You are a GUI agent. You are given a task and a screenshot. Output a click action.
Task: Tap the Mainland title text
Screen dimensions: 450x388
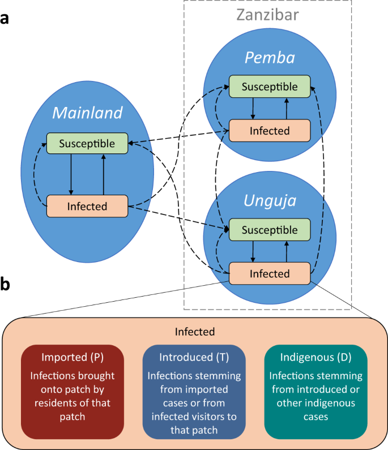point(87,113)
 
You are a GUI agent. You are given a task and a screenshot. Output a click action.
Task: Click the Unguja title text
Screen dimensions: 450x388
point(270,200)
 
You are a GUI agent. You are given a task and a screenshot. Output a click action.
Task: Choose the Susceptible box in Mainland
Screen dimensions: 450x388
point(87,144)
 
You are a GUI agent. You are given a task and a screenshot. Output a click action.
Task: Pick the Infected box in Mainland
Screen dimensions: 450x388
point(87,205)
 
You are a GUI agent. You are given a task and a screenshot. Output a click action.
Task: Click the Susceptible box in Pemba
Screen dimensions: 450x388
point(269,87)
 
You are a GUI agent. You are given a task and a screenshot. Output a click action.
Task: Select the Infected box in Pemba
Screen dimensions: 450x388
point(269,130)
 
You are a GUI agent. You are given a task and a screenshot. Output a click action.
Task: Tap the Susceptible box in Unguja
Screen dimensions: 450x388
point(269,230)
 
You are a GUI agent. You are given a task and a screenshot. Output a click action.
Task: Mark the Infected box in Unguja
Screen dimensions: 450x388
point(269,274)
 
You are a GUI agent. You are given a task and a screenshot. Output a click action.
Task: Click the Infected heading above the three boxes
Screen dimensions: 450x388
point(194,331)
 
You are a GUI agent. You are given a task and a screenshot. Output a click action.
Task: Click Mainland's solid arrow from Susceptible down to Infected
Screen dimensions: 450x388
point(71,174)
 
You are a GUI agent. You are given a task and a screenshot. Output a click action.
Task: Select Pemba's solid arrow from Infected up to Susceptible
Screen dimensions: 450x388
point(287,109)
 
